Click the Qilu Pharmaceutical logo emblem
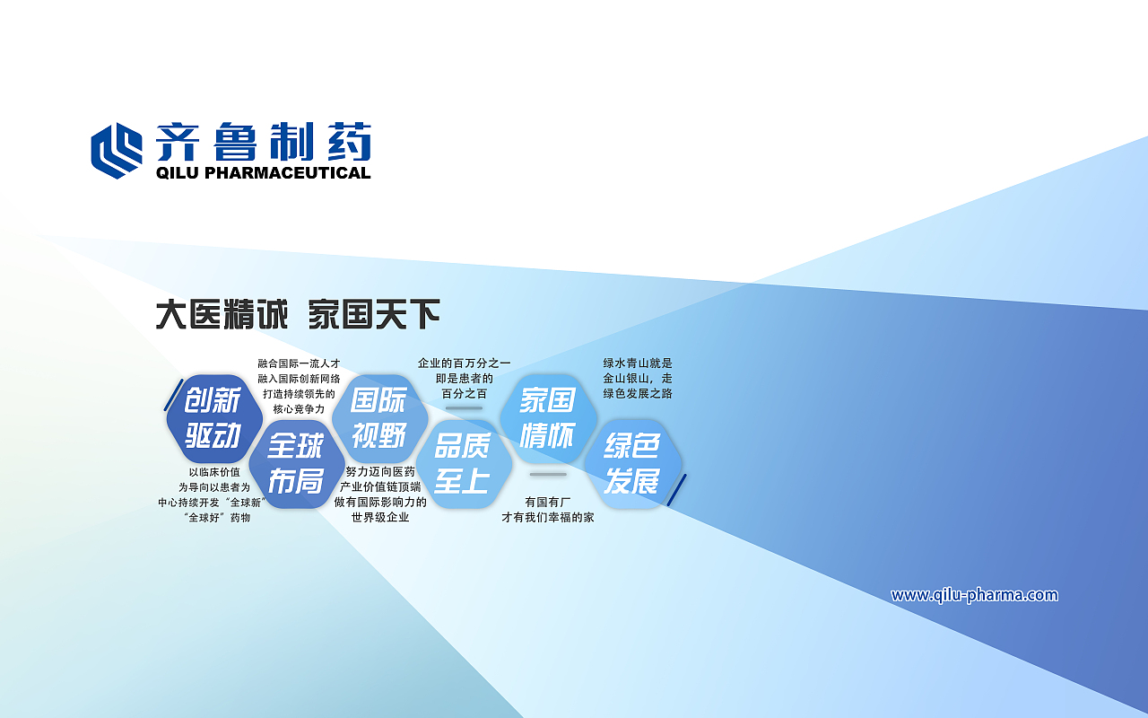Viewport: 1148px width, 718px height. [117, 150]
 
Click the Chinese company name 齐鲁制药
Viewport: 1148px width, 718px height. [263, 142]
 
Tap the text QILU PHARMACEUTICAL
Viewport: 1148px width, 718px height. [263, 173]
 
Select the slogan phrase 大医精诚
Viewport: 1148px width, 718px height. [222, 315]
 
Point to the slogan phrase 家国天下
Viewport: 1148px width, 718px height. [374, 315]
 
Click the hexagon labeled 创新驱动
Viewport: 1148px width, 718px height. [213, 418]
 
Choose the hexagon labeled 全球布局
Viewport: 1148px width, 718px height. [296, 464]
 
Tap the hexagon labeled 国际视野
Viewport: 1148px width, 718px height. [379, 418]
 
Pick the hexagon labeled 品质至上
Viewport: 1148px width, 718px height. [463, 464]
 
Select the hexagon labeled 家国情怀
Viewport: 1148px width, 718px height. [547, 418]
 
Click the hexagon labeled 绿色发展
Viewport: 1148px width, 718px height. [632, 464]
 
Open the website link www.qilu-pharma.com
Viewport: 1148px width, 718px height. [974, 595]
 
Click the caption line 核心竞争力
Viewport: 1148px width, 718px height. [299, 409]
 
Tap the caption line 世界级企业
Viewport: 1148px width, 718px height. [380, 518]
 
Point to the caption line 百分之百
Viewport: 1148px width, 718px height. [464, 394]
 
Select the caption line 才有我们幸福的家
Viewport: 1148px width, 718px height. [547, 518]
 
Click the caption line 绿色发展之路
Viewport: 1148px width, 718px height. [637, 394]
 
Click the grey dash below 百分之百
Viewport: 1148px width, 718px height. [464, 408]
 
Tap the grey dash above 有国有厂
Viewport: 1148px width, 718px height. [547, 474]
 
